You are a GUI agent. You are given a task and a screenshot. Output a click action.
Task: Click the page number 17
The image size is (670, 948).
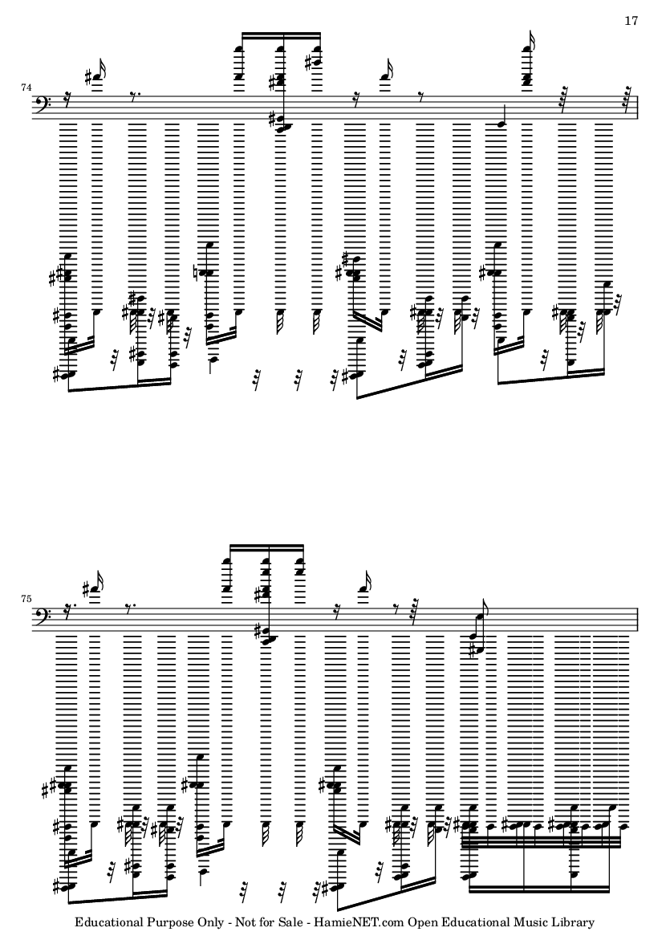(x=631, y=21)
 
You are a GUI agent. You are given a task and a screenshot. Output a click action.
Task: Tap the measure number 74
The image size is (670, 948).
(x=26, y=87)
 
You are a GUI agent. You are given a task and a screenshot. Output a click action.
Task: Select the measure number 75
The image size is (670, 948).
(x=26, y=599)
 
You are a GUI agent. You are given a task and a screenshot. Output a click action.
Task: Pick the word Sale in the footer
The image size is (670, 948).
(x=288, y=922)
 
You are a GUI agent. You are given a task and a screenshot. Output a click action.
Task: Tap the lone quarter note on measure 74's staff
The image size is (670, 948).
(x=500, y=123)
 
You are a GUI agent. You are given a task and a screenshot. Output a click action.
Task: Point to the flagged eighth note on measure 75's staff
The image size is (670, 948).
(x=478, y=631)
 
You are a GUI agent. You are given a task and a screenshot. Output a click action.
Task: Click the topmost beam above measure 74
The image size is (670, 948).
(x=281, y=33)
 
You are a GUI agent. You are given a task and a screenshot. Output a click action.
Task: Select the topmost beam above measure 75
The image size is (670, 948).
(x=266, y=545)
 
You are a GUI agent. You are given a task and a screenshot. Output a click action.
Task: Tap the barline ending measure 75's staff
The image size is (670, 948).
(x=638, y=620)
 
